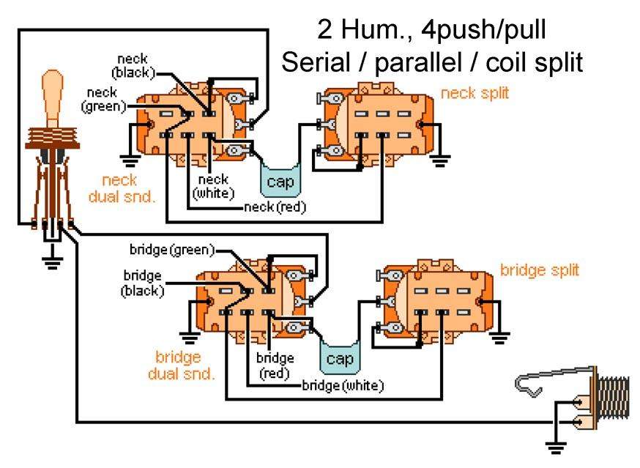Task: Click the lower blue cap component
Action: pyautogui.click(x=339, y=358)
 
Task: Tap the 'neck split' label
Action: pyautogui.click(x=475, y=93)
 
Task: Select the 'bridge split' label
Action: pyautogui.click(x=539, y=270)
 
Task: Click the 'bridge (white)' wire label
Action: pyautogui.click(x=343, y=385)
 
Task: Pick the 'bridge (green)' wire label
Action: pyautogui.click(x=172, y=250)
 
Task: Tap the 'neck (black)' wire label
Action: pyautogui.click(x=132, y=65)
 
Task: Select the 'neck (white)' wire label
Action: pyautogui.click(x=213, y=186)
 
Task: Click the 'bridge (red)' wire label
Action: pyautogui.click(x=275, y=365)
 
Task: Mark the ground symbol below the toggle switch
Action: pyautogui.click(x=51, y=259)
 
